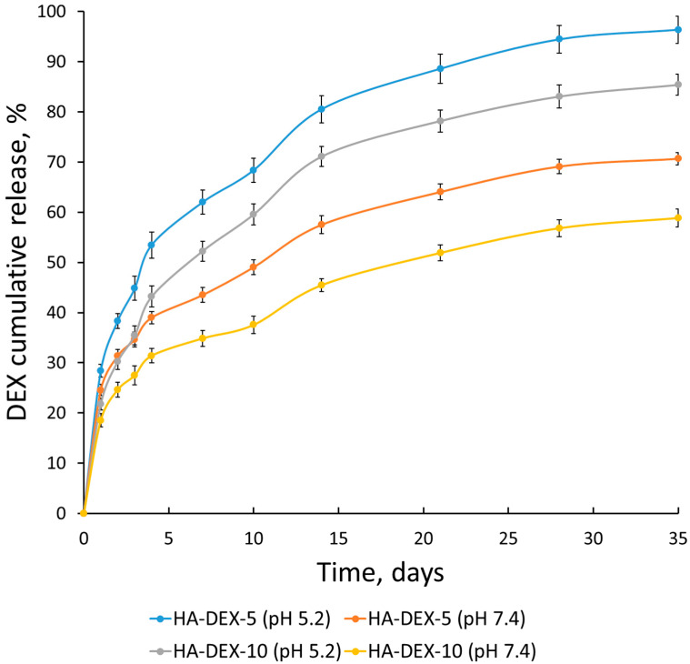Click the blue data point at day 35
pos(677,30)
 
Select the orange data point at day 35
pos(677,159)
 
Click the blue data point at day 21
pos(440,68)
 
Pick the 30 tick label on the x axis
pos(593,538)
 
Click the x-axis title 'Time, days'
pos(380,574)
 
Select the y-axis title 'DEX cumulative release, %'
pos(20,264)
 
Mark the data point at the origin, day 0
pos(83,513)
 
